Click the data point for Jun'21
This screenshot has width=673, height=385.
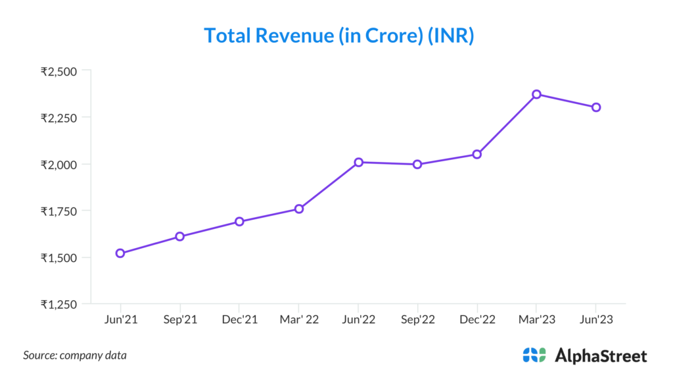120,253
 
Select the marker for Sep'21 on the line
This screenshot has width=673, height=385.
179,236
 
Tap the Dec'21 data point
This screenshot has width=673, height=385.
239,222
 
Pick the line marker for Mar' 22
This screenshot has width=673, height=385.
299,209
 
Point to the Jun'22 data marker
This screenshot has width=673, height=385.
358,162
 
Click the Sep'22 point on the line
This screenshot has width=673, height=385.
417,165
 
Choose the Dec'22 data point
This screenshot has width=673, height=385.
477,154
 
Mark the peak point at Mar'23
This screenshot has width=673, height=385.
536,94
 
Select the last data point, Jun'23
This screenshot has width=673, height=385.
596,107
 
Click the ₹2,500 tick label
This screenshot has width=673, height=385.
58,71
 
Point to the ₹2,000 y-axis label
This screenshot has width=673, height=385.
58,165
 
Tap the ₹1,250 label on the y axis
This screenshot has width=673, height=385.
58,304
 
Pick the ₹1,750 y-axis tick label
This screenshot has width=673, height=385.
58,211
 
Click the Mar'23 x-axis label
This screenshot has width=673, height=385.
536,320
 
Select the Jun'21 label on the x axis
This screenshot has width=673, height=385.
120,320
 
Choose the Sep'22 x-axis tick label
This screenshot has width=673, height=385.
417,320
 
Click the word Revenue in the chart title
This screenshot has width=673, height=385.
298,36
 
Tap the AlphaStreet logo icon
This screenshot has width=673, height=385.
534,355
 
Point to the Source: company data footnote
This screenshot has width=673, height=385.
75,355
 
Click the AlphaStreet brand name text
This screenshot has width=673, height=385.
601,356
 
